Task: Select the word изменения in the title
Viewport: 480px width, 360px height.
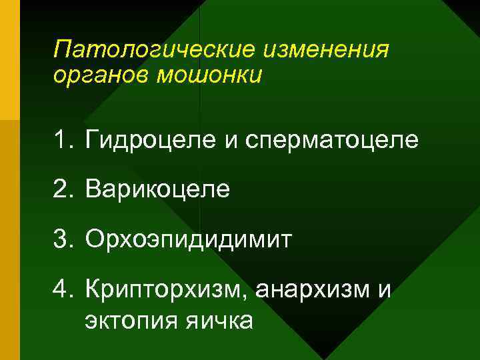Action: tap(327, 49)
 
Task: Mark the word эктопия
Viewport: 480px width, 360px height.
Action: tap(128, 321)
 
